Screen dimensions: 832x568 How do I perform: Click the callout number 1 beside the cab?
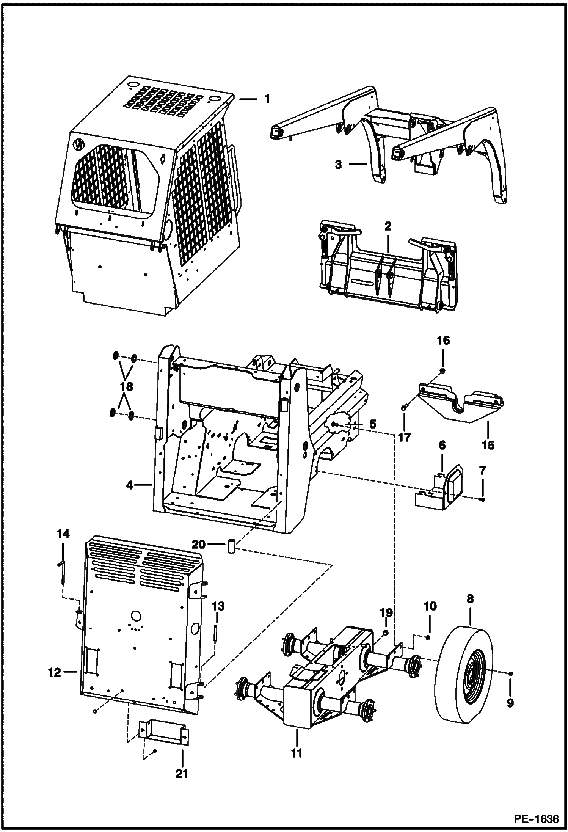click(x=267, y=99)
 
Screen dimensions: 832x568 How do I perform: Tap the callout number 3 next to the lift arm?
click(x=339, y=165)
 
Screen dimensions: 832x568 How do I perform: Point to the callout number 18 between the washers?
click(x=127, y=387)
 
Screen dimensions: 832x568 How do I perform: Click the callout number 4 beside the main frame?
click(x=130, y=485)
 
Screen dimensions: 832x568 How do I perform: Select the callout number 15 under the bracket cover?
click(x=488, y=444)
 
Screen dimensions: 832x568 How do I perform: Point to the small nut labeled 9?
click(x=511, y=673)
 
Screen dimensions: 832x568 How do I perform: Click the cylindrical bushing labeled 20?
click(x=231, y=548)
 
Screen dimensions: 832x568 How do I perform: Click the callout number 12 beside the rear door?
click(x=55, y=672)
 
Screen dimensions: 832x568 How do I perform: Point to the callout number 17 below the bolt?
click(x=405, y=437)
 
